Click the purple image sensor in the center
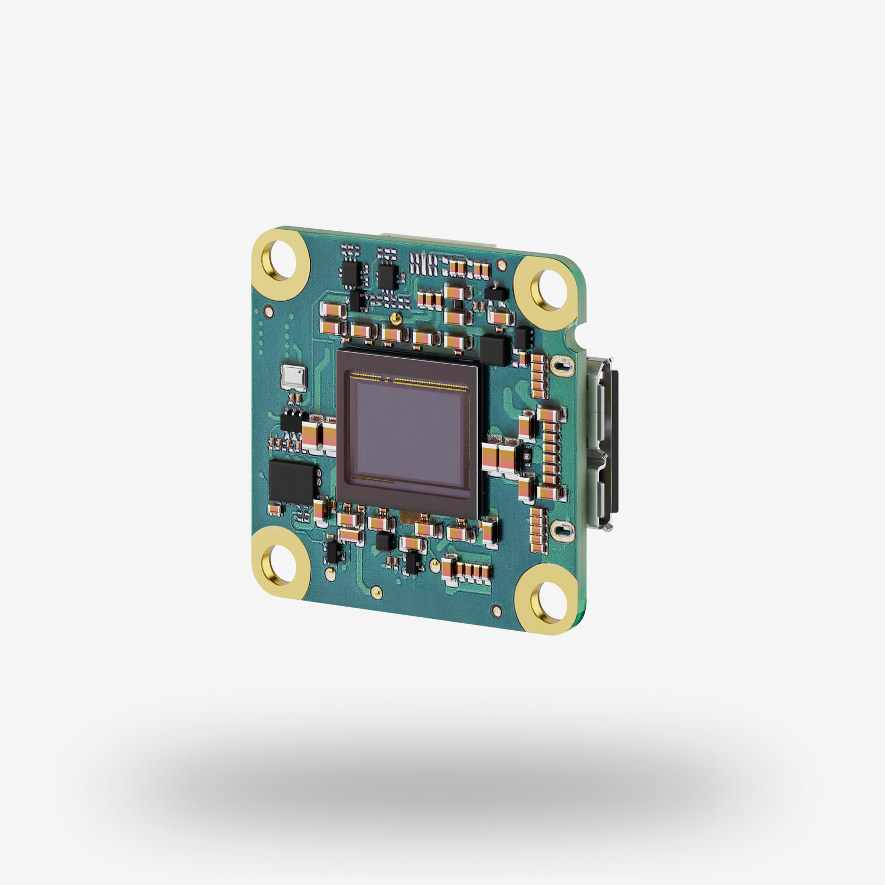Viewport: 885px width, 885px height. click(408, 432)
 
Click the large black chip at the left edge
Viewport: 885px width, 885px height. click(291, 481)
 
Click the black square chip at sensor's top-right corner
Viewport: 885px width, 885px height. click(495, 350)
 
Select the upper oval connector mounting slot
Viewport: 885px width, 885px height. click(561, 366)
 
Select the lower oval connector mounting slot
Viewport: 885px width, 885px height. click(561, 530)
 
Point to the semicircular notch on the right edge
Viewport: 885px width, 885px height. click(577, 337)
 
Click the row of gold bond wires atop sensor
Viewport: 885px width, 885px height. click(411, 380)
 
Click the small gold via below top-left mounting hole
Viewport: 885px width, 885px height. click(269, 312)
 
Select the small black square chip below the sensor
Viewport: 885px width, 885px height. click(384, 542)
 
